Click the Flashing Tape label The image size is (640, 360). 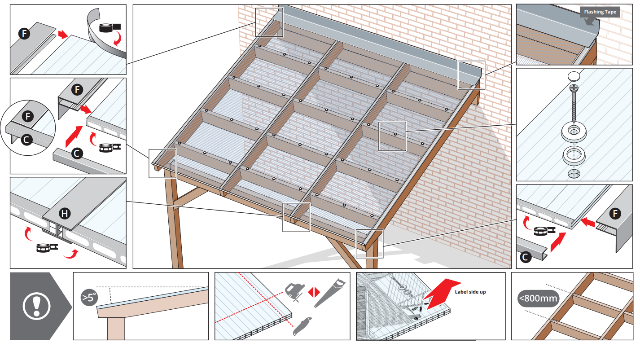click(x=600, y=12)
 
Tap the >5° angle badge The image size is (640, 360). click(x=88, y=297)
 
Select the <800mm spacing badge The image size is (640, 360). click(x=539, y=298)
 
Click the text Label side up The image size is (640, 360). click(x=470, y=292)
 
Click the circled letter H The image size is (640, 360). click(x=65, y=214)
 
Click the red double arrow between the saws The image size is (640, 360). click(x=313, y=293)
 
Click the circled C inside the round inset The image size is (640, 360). click(x=26, y=140)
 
